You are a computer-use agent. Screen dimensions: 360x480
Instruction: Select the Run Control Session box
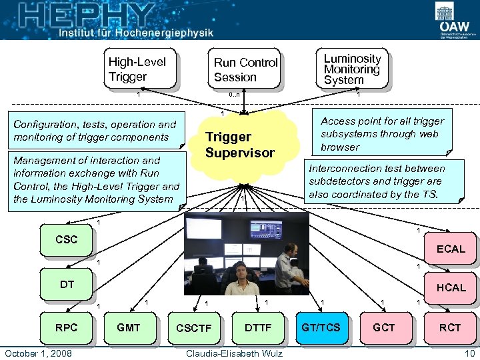tap(245, 69)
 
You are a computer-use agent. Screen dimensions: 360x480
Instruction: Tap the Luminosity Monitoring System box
tap(351, 69)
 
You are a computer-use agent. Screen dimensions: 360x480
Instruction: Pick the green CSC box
tap(66, 241)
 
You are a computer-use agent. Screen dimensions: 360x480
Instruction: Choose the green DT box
tap(67, 285)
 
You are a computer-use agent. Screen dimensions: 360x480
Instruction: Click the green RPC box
tap(66, 327)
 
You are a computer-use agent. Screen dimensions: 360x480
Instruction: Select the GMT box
tap(128, 327)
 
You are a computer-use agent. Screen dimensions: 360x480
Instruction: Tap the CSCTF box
tap(193, 328)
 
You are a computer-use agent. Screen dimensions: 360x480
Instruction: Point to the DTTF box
tap(258, 327)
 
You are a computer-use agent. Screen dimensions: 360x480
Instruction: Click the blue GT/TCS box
tap(320, 327)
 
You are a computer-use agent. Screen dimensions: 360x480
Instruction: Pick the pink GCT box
tap(383, 327)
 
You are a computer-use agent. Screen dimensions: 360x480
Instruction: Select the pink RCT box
tap(449, 327)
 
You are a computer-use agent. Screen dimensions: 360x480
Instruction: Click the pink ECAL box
tap(451, 249)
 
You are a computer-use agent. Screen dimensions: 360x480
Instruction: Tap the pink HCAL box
tap(451, 288)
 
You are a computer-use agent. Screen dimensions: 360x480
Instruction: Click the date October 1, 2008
tap(38, 353)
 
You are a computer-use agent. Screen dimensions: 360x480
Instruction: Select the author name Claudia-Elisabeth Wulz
tap(235, 353)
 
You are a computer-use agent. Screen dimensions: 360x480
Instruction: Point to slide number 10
tap(469, 353)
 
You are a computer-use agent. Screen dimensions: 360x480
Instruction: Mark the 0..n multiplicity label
tap(234, 95)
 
